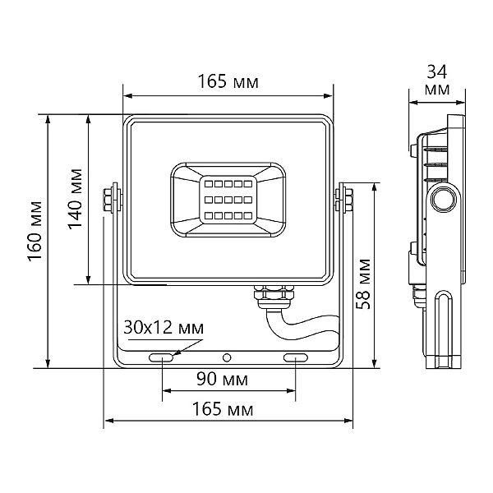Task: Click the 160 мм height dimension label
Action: pyautogui.click(x=35, y=231)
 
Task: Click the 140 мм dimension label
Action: pyautogui.click(x=76, y=199)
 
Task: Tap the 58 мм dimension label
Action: pyautogui.click(x=363, y=284)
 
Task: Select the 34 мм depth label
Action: pyautogui.click(x=437, y=81)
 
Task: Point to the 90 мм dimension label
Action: pyautogui.click(x=223, y=379)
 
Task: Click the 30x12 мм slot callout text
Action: pyautogui.click(x=164, y=328)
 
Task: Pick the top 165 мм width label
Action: pyautogui.click(x=228, y=81)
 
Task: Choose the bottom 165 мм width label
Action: pyautogui.click(x=223, y=409)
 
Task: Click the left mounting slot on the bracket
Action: pyautogui.click(x=161, y=357)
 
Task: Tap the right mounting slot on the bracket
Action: pyautogui.click(x=296, y=357)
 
